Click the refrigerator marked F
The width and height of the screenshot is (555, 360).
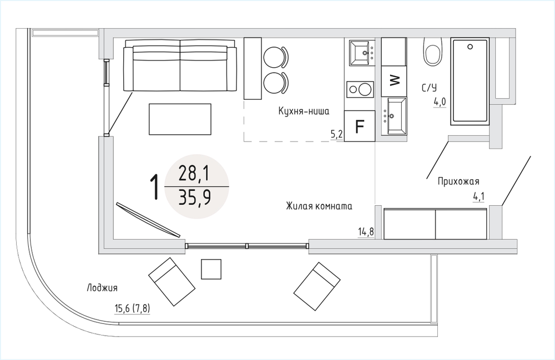point(359,126)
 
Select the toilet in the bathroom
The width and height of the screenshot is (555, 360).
point(433,51)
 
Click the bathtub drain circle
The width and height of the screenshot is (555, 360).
point(470,47)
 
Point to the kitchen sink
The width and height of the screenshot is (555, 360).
point(362,53)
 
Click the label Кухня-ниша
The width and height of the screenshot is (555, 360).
point(304,111)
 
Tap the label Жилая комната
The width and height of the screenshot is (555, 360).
point(319,206)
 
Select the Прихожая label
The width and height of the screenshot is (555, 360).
point(458,181)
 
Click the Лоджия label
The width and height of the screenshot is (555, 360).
point(102,288)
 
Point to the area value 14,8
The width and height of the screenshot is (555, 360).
point(366,232)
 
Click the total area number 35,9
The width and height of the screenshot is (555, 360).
point(195,197)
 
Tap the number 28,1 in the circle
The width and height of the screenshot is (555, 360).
point(194,174)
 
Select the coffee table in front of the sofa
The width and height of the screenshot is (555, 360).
point(180,119)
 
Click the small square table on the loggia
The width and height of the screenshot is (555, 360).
point(211,269)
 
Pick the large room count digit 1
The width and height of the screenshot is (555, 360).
point(154,187)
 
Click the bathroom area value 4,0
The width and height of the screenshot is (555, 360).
point(440,103)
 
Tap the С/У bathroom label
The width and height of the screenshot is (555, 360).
point(430,87)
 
